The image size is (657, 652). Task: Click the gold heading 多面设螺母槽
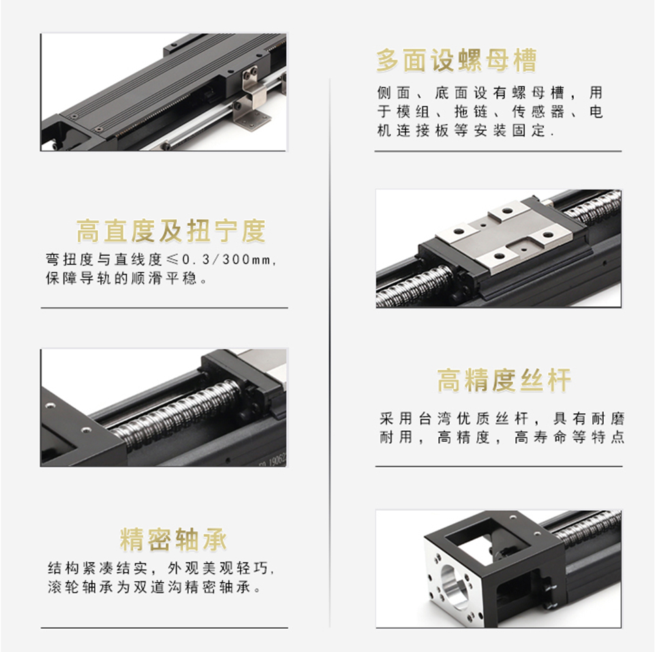click(456, 61)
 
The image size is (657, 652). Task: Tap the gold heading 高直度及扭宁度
click(170, 231)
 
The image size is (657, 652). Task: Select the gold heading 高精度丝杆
click(504, 381)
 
